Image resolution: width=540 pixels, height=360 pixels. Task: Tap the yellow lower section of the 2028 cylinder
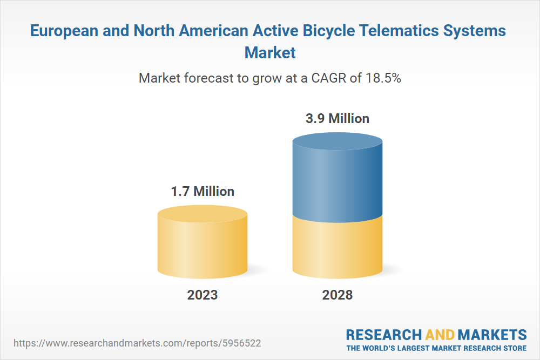click(337, 246)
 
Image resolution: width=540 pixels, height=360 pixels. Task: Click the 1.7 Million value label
click(202, 191)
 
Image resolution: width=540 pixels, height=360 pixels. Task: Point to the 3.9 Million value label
click(337, 118)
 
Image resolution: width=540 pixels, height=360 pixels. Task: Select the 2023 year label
click(202, 295)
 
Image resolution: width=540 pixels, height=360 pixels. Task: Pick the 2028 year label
click(337, 295)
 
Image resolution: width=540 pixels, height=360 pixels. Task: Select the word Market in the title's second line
click(270, 52)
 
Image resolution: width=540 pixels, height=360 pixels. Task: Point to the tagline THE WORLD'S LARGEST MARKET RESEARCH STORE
click(436, 348)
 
